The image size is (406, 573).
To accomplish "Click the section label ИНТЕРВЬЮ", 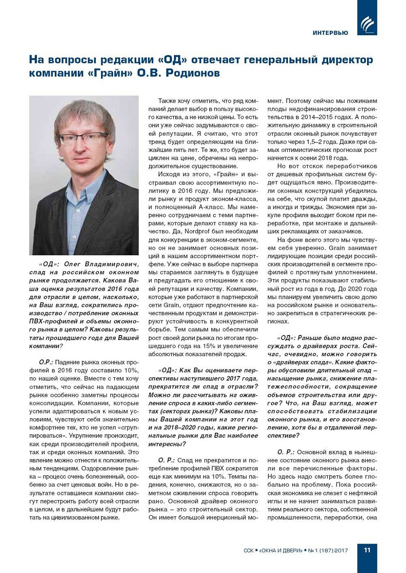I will (x=330, y=33).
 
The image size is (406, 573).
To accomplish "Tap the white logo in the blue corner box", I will (x=367, y=24).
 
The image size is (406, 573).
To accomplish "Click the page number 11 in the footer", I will (x=367, y=550).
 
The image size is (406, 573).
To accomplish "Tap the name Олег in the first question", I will (x=72, y=264).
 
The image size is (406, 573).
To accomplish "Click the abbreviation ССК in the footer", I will (x=249, y=550).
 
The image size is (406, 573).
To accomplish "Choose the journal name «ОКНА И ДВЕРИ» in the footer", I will (x=281, y=550).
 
